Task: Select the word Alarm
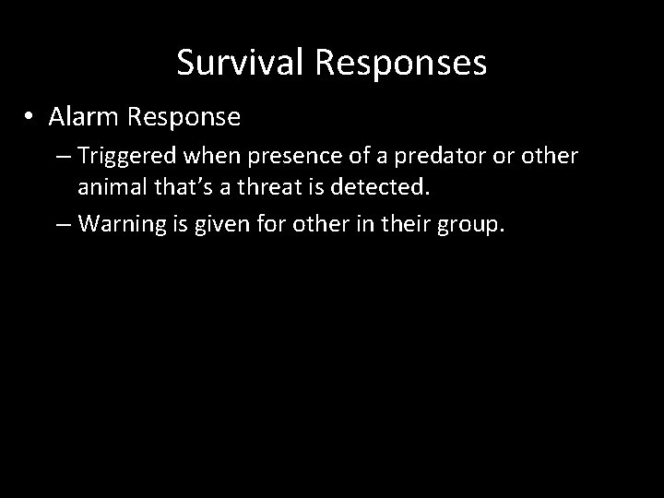pos(85,117)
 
